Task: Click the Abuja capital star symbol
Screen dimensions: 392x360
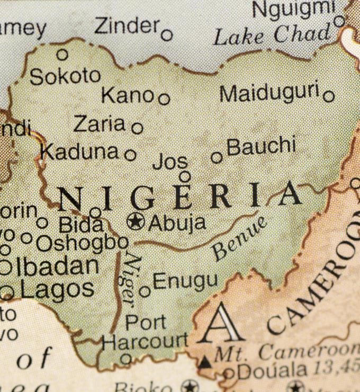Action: [136, 221]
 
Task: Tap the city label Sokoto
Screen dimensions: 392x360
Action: [65, 76]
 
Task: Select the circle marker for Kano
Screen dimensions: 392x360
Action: [164, 99]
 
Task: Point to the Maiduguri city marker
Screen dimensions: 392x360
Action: [329, 96]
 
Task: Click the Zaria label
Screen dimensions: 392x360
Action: [99, 124]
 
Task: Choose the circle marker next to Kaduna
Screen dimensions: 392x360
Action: [130, 155]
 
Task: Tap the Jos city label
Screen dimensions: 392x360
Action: [169, 162]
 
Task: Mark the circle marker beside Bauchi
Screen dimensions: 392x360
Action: [217, 157]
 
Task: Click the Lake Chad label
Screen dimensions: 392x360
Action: [272, 35]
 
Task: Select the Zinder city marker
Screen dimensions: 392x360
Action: [167, 35]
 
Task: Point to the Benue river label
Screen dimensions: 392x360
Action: [240, 238]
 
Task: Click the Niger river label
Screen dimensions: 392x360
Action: [130, 279]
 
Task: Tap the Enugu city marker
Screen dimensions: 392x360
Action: [145, 291]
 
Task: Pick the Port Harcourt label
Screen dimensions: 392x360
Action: [144, 332]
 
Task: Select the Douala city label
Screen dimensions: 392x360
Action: [272, 371]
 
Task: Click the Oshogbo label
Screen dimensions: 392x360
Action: [82, 243]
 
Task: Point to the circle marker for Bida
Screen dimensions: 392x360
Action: [95, 212]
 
